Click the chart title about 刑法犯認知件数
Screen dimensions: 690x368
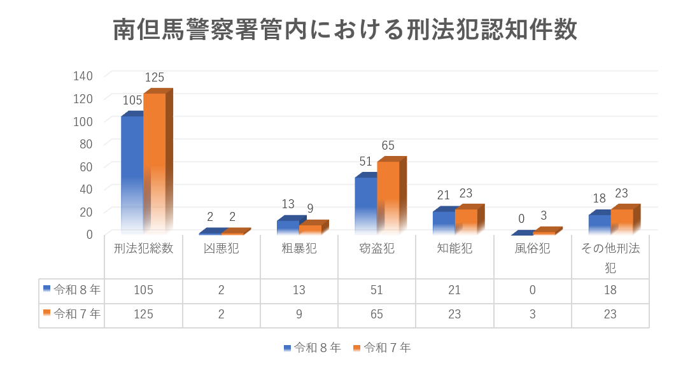[345, 30]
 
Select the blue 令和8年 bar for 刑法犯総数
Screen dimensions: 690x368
[132, 173]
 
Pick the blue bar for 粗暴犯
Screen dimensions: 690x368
[288, 226]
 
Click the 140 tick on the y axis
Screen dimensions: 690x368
[83, 76]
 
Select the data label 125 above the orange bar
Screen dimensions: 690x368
[155, 78]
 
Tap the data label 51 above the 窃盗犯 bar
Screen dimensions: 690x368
[365, 162]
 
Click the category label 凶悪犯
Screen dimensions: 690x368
[222, 249]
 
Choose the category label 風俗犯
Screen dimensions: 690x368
[533, 249]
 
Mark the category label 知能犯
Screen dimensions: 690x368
[454, 249]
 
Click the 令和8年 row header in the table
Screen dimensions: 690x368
[72, 290]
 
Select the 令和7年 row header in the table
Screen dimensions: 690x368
[72, 314]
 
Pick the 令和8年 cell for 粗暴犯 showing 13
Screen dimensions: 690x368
[299, 290]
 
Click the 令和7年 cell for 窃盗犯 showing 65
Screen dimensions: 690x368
[377, 315]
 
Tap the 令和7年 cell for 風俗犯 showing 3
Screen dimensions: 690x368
[533, 315]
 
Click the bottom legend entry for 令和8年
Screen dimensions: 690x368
[313, 348]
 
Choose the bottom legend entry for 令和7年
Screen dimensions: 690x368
[382, 348]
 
